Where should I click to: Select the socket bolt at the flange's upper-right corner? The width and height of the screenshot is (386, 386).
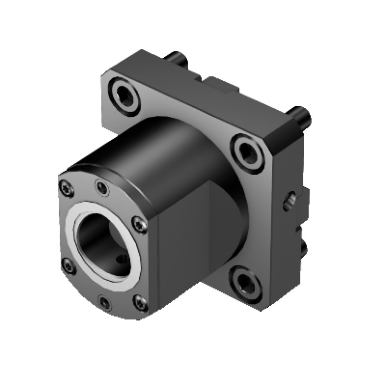[x=248, y=151]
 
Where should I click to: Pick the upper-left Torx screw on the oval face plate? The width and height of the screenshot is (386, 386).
[x=66, y=189]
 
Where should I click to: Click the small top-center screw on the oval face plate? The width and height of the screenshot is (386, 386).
[x=102, y=188]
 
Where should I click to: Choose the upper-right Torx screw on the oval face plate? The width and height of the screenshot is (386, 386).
[x=139, y=224]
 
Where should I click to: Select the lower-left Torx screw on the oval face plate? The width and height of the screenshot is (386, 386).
[x=68, y=265]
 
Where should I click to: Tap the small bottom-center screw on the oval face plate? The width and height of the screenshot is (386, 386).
[x=105, y=302]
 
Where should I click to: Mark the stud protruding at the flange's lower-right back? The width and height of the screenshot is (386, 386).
[x=303, y=247]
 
